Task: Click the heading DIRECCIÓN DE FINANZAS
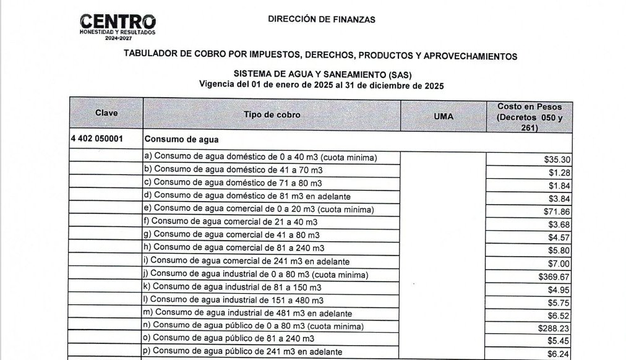pyautogui.click(x=321, y=19)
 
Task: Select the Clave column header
pyautogui.click(x=106, y=114)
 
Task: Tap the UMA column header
pyautogui.click(x=443, y=116)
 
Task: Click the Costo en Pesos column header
pyautogui.click(x=529, y=117)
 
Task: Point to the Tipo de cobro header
pyautogui.click(x=272, y=115)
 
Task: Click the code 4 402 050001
pyautogui.click(x=96, y=139)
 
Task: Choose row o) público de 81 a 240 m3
pyautogui.click(x=234, y=338)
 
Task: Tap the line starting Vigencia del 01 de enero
pyautogui.click(x=321, y=85)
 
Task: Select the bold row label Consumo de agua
pyautogui.click(x=181, y=140)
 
